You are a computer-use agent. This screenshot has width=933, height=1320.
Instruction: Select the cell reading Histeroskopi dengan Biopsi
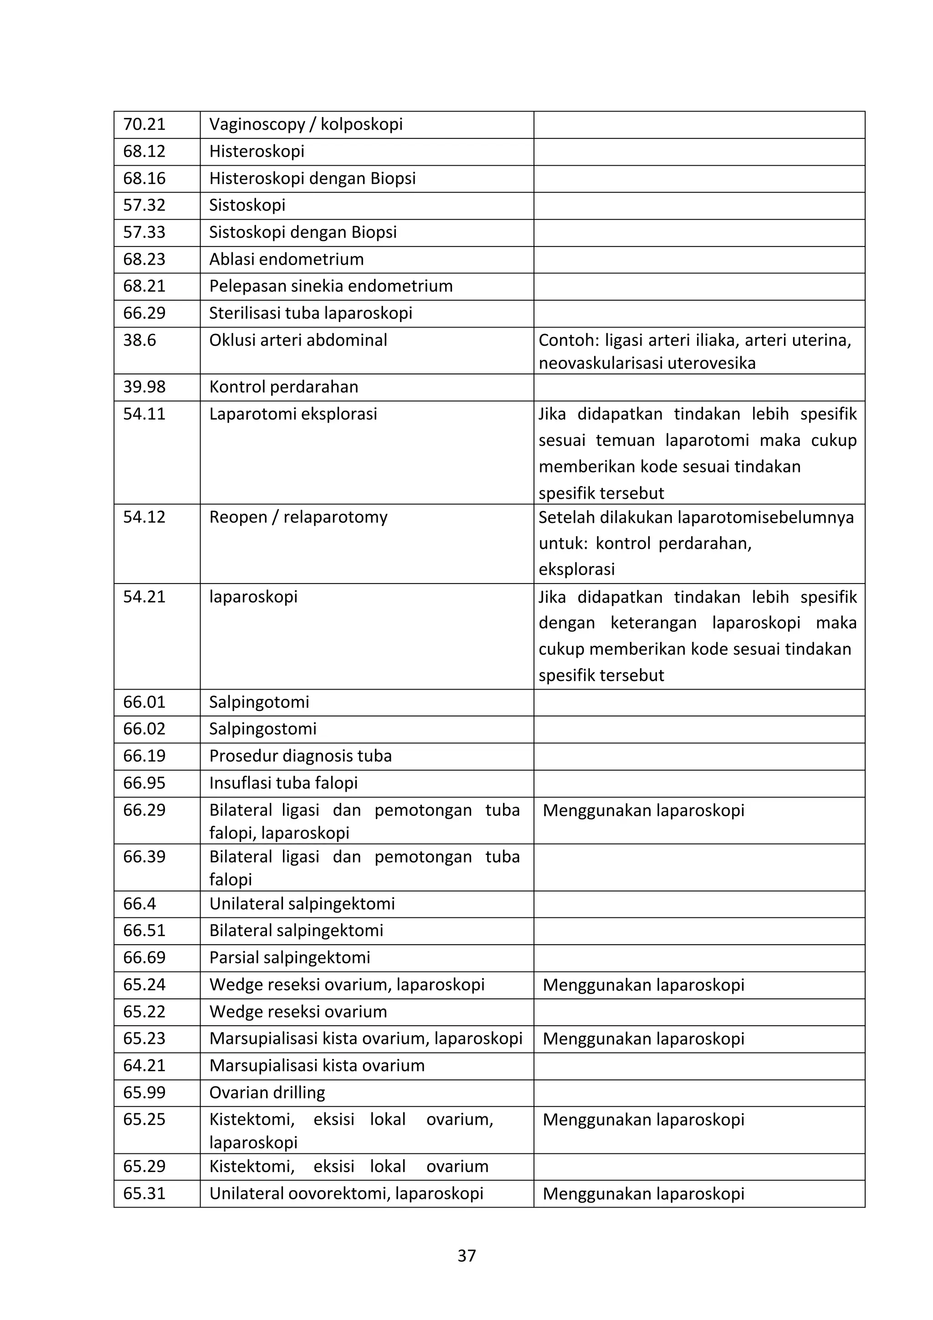[312, 178]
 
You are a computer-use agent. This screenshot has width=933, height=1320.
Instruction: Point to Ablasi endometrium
[286, 259]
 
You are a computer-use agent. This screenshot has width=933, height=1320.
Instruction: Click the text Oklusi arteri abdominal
[298, 340]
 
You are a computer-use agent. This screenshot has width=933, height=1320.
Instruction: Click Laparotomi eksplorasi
[293, 414]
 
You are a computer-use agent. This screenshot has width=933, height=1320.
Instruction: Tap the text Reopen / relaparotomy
[298, 517]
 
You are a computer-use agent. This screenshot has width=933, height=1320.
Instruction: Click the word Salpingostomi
[263, 729]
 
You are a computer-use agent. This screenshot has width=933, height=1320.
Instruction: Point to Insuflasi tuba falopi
[283, 783]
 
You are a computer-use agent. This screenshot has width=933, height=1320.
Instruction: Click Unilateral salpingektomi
[302, 904]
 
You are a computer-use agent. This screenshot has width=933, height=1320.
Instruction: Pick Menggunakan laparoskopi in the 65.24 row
[643, 985]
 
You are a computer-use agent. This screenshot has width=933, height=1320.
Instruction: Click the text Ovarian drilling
[267, 1092]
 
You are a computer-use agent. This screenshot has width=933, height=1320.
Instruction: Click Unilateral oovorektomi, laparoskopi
[346, 1193]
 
